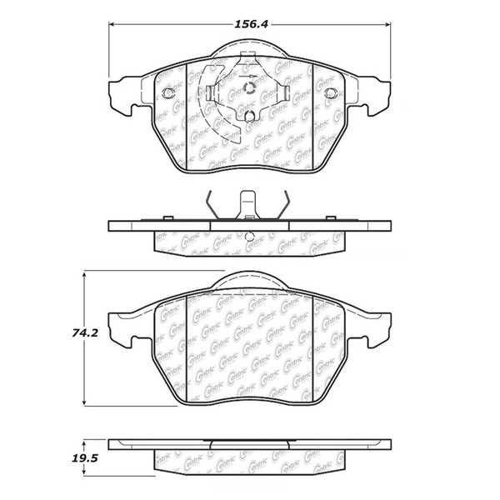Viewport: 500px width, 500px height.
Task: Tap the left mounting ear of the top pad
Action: pyautogui.click(x=123, y=88)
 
